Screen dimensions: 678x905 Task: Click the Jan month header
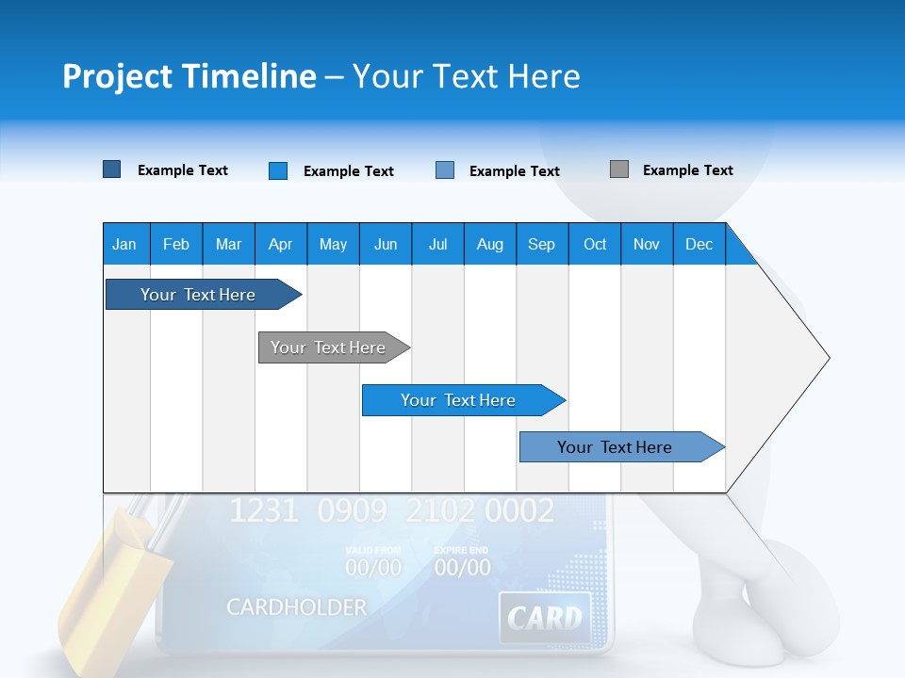tap(124, 244)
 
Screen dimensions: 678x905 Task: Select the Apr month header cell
tap(280, 244)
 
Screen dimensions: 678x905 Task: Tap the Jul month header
tap(437, 244)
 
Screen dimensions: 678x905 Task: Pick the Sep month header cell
tap(541, 244)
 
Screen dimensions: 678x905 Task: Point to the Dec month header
tap(699, 244)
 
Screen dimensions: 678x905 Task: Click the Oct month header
tap(594, 244)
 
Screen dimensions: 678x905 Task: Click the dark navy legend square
tap(111, 169)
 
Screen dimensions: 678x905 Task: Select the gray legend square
tap(618, 169)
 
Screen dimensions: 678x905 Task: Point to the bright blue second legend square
tap(277, 170)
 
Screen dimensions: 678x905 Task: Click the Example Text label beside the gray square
tap(687, 170)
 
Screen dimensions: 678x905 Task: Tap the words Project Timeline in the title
tap(189, 76)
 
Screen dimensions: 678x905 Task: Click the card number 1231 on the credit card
tap(263, 511)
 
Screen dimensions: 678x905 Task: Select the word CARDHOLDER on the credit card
tap(296, 607)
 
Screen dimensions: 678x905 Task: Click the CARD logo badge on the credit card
tap(544, 618)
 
